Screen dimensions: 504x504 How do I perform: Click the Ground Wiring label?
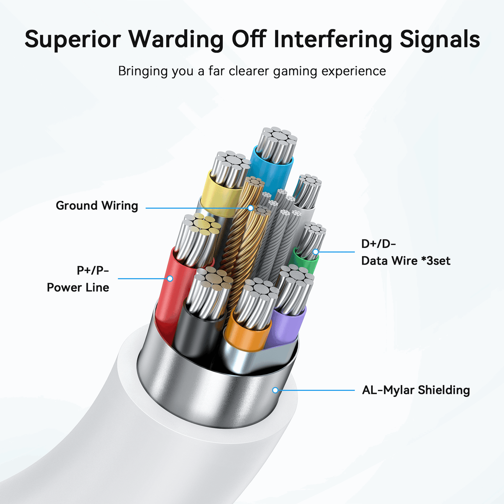[97, 206]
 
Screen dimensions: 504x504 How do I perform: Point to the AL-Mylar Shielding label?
[416, 390]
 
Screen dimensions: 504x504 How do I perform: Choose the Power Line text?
[78, 287]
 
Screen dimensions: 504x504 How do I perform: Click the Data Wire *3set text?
[406, 261]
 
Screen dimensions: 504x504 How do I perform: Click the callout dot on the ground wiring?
[251, 208]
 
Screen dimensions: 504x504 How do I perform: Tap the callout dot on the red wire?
[170, 279]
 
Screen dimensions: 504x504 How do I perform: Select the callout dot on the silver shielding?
[275, 390]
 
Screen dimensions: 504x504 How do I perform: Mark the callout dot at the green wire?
[316, 252]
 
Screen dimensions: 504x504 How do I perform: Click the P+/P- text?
[93, 271]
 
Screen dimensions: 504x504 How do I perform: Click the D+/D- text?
[378, 244]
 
